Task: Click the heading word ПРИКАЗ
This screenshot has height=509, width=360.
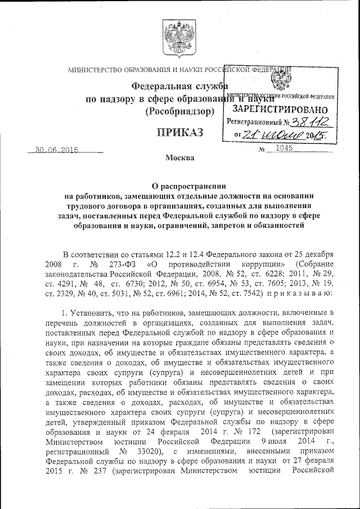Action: pyautogui.click(x=179, y=133)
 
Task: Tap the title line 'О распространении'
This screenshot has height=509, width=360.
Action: pyautogui.click(x=180, y=186)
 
